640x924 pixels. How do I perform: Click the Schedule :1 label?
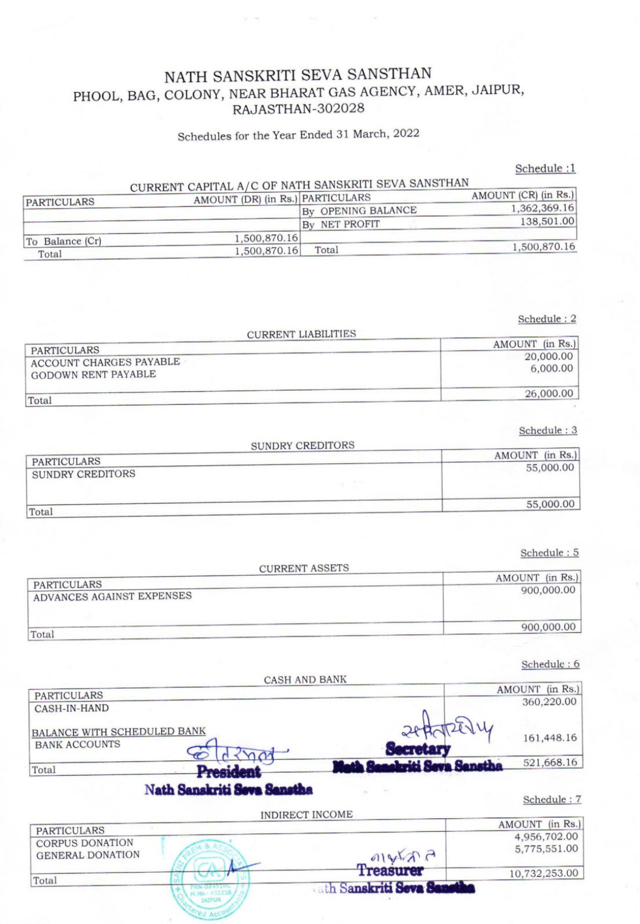[545, 168]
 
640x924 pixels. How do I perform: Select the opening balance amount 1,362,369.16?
[542, 208]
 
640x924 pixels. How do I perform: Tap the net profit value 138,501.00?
[547, 221]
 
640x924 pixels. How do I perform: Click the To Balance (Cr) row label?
[63, 241]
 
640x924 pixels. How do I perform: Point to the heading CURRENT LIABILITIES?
[301, 334]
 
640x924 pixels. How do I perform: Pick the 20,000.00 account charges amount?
[548, 357]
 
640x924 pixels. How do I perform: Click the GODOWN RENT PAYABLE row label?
[93, 375]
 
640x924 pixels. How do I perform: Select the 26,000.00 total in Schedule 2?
[548, 393]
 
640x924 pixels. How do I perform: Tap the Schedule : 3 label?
[547, 430]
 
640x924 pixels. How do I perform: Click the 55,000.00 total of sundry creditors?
[550, 504]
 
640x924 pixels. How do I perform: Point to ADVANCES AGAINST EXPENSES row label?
[112, 596]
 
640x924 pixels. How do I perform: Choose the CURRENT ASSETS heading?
[304, 568]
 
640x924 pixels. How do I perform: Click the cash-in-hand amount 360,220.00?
[549, 702]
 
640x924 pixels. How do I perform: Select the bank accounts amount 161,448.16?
[550, 738]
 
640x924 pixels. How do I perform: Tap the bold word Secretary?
[418, 749]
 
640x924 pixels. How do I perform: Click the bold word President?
[229, 772]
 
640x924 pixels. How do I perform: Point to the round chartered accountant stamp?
[209, 869]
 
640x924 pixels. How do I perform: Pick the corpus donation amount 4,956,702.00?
[546, 836]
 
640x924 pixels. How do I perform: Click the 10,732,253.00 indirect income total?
[543, 873]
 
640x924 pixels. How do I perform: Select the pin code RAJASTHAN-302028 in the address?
[298, 108]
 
